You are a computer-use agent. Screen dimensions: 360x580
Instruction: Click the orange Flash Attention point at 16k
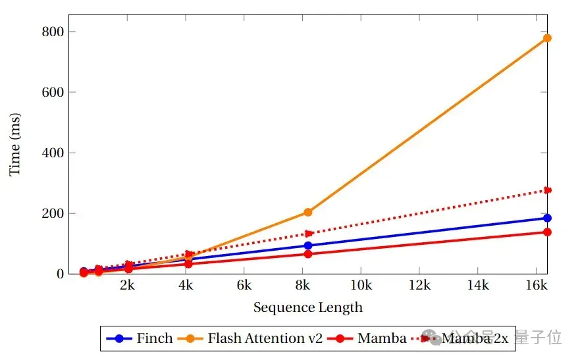point(547,38)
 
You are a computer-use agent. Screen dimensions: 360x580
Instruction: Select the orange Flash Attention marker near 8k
point(308,212)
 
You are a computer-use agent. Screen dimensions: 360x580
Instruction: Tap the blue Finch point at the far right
point(547,218)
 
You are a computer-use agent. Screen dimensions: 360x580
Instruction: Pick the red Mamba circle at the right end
point(547,232)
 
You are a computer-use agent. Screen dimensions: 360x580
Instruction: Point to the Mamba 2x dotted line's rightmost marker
point(547,190)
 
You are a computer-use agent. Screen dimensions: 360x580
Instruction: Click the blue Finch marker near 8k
point(308,245)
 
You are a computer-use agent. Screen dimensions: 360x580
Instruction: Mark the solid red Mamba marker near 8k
point(308,254)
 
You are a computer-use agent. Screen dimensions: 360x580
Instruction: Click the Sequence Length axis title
point(307,307)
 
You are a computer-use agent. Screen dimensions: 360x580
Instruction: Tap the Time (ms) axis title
point(15,152)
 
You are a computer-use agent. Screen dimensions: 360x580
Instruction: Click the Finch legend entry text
point(155,339)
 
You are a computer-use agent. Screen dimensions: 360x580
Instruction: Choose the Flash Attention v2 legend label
point(265,339)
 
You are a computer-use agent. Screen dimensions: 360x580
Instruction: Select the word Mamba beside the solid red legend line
point(382,339)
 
